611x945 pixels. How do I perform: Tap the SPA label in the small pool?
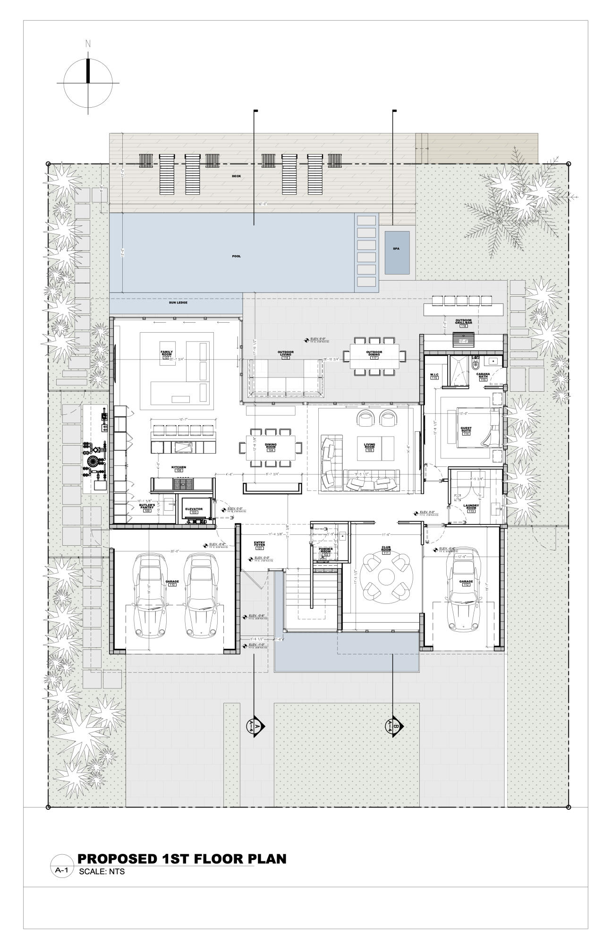click(396, 249)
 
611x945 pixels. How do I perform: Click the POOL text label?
click(237, 256)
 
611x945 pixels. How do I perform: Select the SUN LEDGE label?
click(178, 302)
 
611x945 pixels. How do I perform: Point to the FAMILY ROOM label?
click(166, 354)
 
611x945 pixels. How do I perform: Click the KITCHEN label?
click(178, 468)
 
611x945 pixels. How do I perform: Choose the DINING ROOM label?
click(271, 446)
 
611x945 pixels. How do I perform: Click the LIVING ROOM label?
click(369, 446)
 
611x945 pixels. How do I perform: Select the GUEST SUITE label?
click(466, 430)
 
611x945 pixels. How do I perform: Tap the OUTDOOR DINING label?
click(373, 353)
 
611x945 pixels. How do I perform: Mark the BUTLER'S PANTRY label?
click(147, 507)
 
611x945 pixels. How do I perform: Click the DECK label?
click(236, 177)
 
